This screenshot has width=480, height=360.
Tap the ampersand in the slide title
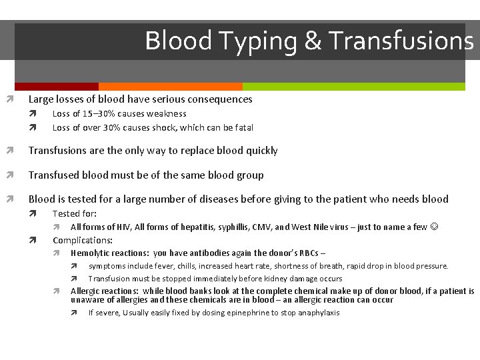313,41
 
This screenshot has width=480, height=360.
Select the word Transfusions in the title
401,41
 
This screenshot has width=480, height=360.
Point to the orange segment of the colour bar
170,87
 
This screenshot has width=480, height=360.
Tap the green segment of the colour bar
353,87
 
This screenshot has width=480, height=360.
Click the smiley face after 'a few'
434,227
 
